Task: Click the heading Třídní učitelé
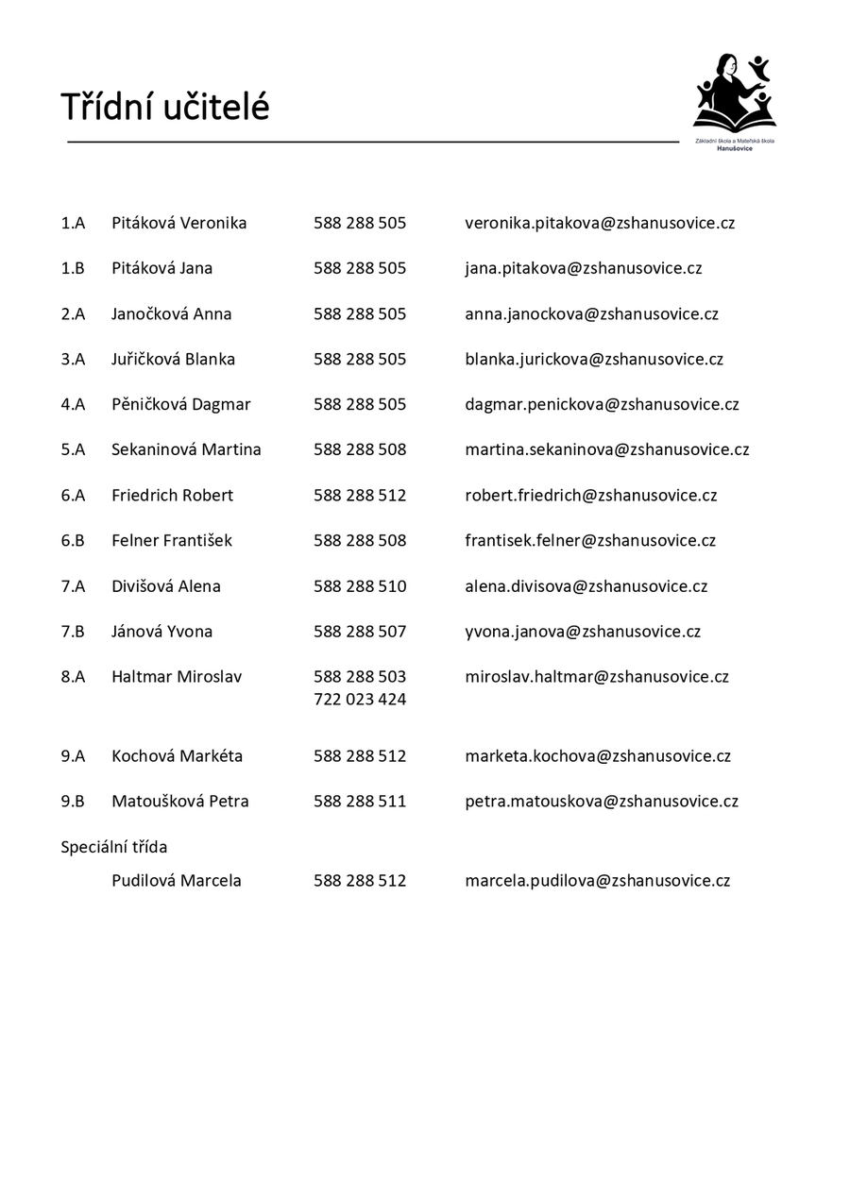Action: pos(165,108)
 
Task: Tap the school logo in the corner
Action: pos(735,101)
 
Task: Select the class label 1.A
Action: pos(73,223)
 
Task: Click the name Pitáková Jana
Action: pos(161,268)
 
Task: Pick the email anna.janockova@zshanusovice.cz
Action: pos(591,313)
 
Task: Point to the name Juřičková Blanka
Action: pos(173,359)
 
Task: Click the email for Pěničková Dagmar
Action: pos(602,404)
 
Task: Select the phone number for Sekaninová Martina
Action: pos(360,449)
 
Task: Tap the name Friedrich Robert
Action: pos(172,495)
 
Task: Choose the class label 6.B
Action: pos(73,540)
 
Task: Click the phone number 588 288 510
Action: pos(360,586)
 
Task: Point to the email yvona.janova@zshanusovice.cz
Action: pos(583,632)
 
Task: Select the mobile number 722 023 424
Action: pos(360,700)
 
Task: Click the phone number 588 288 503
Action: pos(360,677)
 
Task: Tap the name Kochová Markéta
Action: pos(177,756)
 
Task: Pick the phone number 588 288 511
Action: pos(360,802)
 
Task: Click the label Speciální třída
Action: pos(114,847)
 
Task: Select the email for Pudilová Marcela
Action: pos(597,881)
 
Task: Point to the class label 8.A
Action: pos(73,677)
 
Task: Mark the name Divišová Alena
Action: pos(165,586)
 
